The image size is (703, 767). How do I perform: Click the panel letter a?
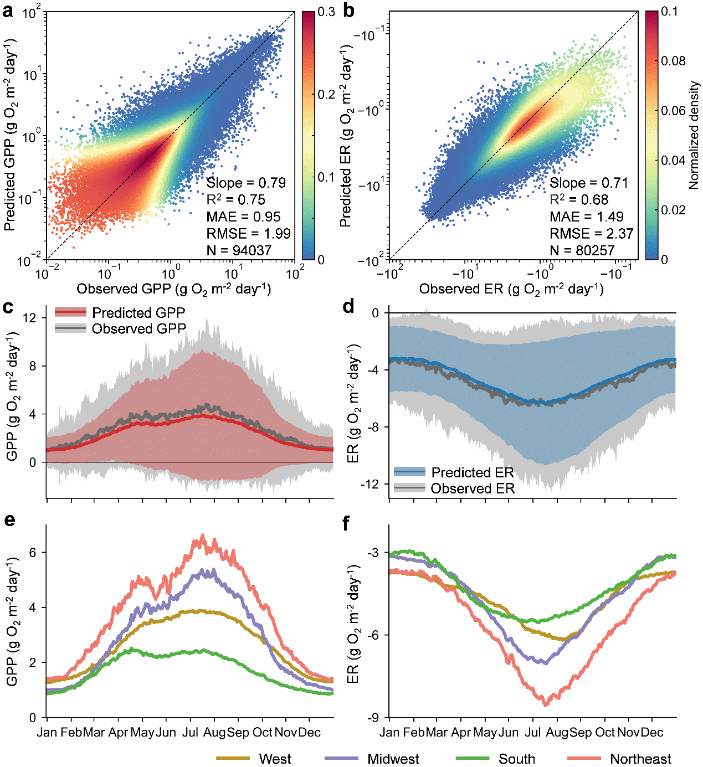[x=8, y=11]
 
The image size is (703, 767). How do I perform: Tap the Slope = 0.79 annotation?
[x=246, y=183]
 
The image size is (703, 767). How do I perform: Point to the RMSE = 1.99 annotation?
[x=248, y=234]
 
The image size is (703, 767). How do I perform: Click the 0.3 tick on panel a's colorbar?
[x=327, y=12]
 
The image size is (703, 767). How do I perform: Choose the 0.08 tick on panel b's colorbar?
[x=673, y=61]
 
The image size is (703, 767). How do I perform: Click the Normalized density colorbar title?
[x=694, y=136]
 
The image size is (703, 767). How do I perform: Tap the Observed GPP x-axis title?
[x=173, y=289]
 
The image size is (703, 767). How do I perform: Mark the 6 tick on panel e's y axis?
[x=33, y=553]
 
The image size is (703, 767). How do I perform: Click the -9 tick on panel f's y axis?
[x=375, y=718]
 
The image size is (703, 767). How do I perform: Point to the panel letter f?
[x=347, y=523]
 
